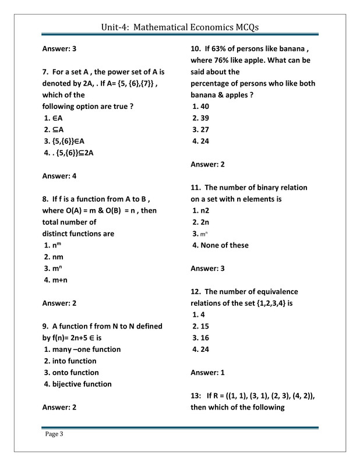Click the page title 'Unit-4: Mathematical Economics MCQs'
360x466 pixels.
click(x=180, y=27)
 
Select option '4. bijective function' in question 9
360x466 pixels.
click(x=78, y=384)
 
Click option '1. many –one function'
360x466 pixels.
click(x=83, y=349)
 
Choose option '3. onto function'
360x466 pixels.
click(x=72, y=372)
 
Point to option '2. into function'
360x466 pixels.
click(x=70, y=361)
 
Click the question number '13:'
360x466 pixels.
click(x=197, y=396)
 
